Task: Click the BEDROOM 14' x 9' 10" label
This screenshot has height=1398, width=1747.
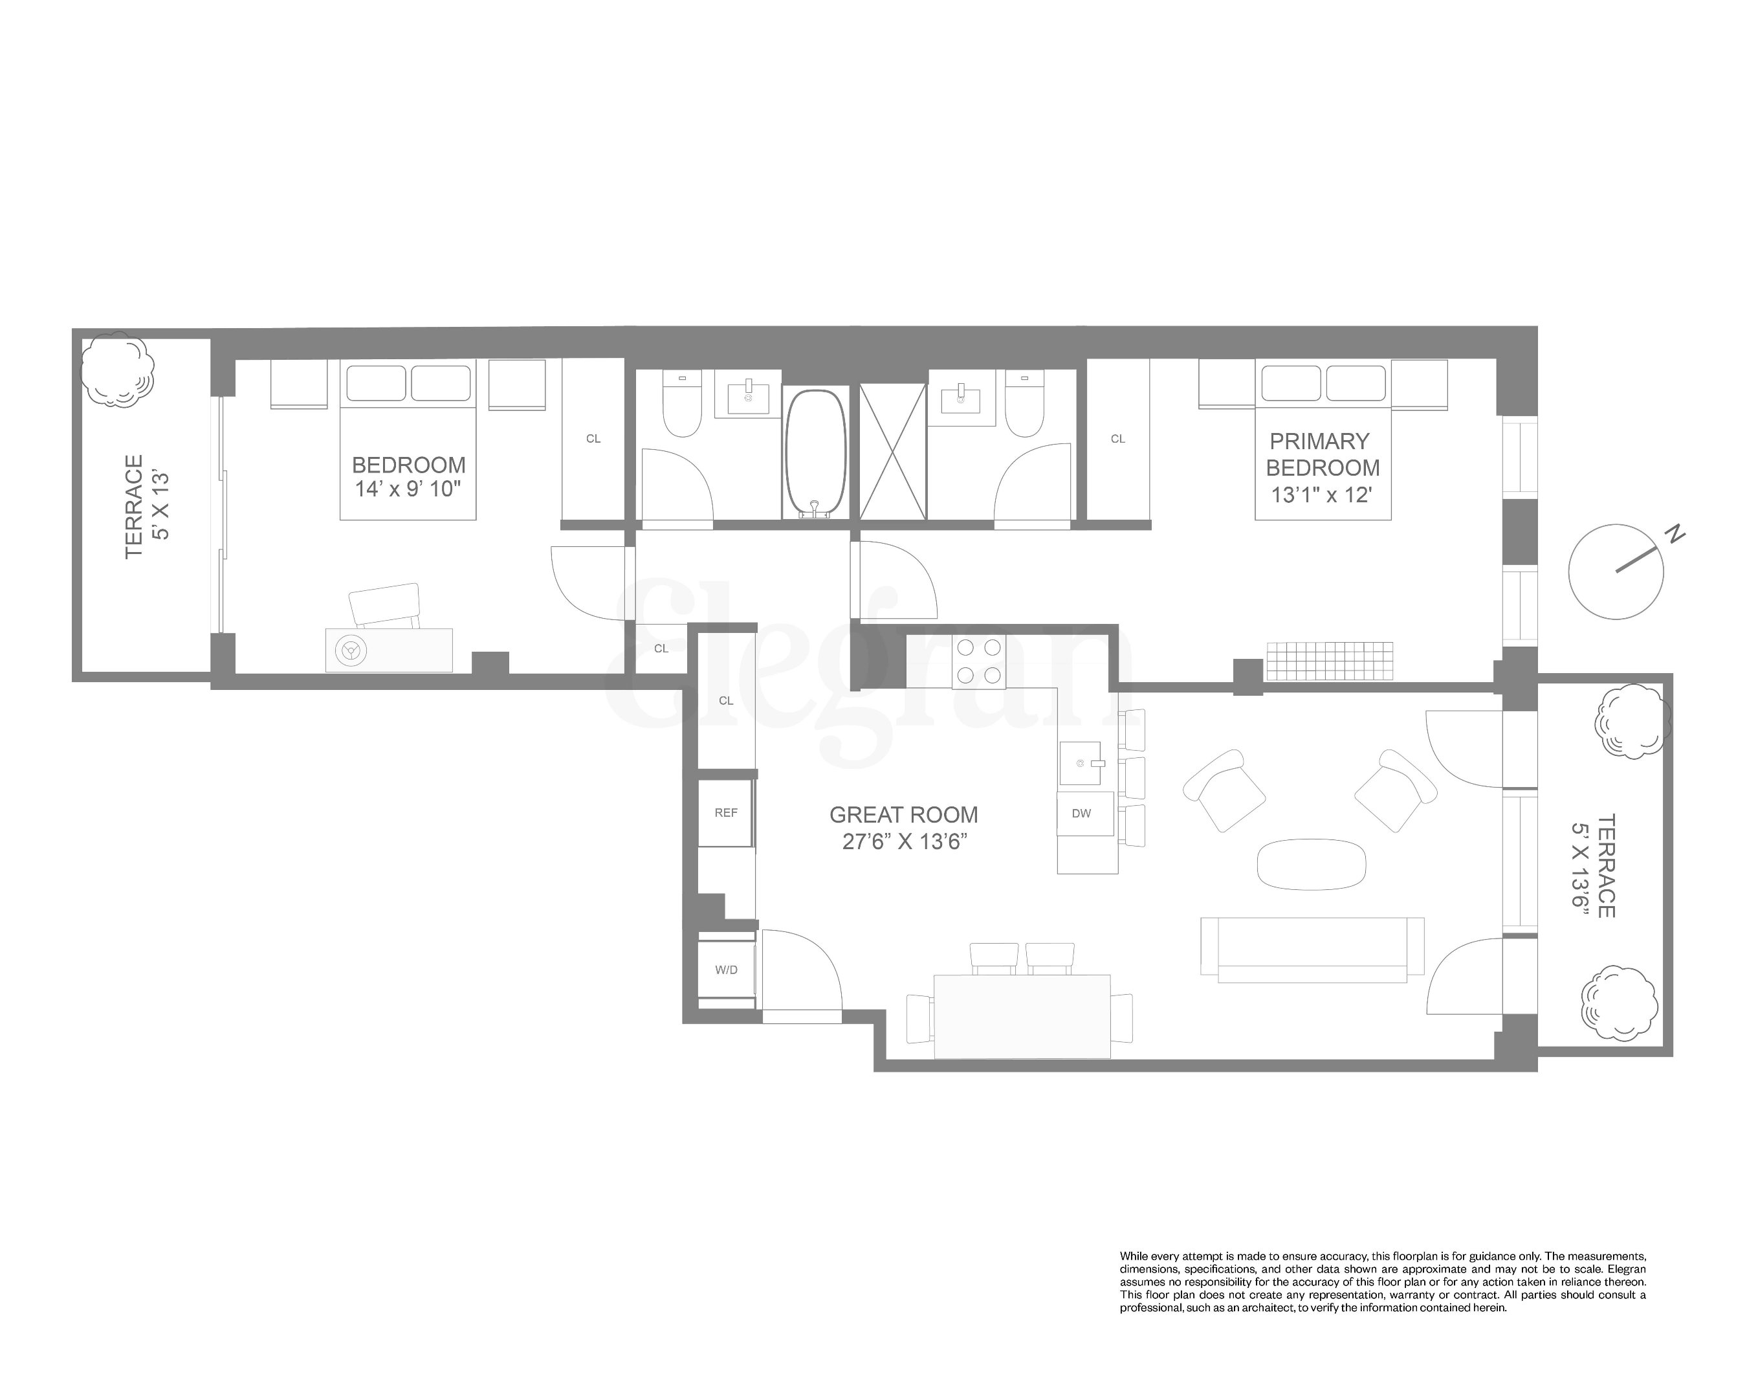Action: tap(408, 476)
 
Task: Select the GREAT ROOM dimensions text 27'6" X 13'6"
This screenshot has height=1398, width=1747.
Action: tap(905, 841)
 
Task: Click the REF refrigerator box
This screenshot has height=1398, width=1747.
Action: tap(726, 813)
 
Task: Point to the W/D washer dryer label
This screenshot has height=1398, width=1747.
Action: tap(726, 970)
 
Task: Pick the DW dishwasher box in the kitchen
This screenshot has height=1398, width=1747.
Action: tap(1081, 813)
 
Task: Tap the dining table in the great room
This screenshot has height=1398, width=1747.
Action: tap(1022, 1015)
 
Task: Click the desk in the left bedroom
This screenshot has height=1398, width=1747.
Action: tap(389, 650)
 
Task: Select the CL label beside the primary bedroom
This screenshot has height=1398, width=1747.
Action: tap(1117, 438)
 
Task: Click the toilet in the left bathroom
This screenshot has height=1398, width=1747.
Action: tap(681, 405)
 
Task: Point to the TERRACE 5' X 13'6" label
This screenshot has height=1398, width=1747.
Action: tap(1593, 865)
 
